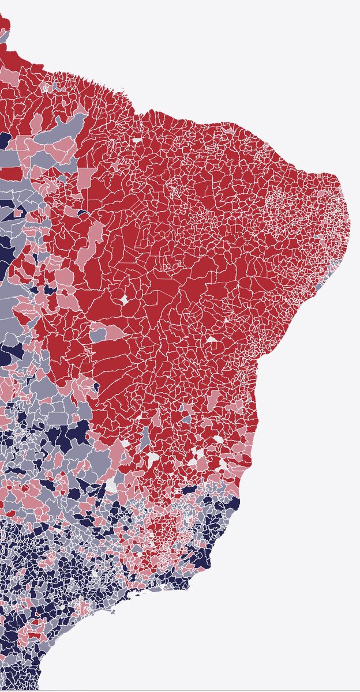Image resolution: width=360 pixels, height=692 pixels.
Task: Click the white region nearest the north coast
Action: pos(137,140)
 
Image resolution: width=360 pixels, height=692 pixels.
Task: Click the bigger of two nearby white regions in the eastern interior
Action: pos(212,340)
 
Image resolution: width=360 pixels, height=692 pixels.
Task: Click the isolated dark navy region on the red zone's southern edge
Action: pos(190,489)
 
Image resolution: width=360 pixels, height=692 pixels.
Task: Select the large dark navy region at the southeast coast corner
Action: pos(201,558)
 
